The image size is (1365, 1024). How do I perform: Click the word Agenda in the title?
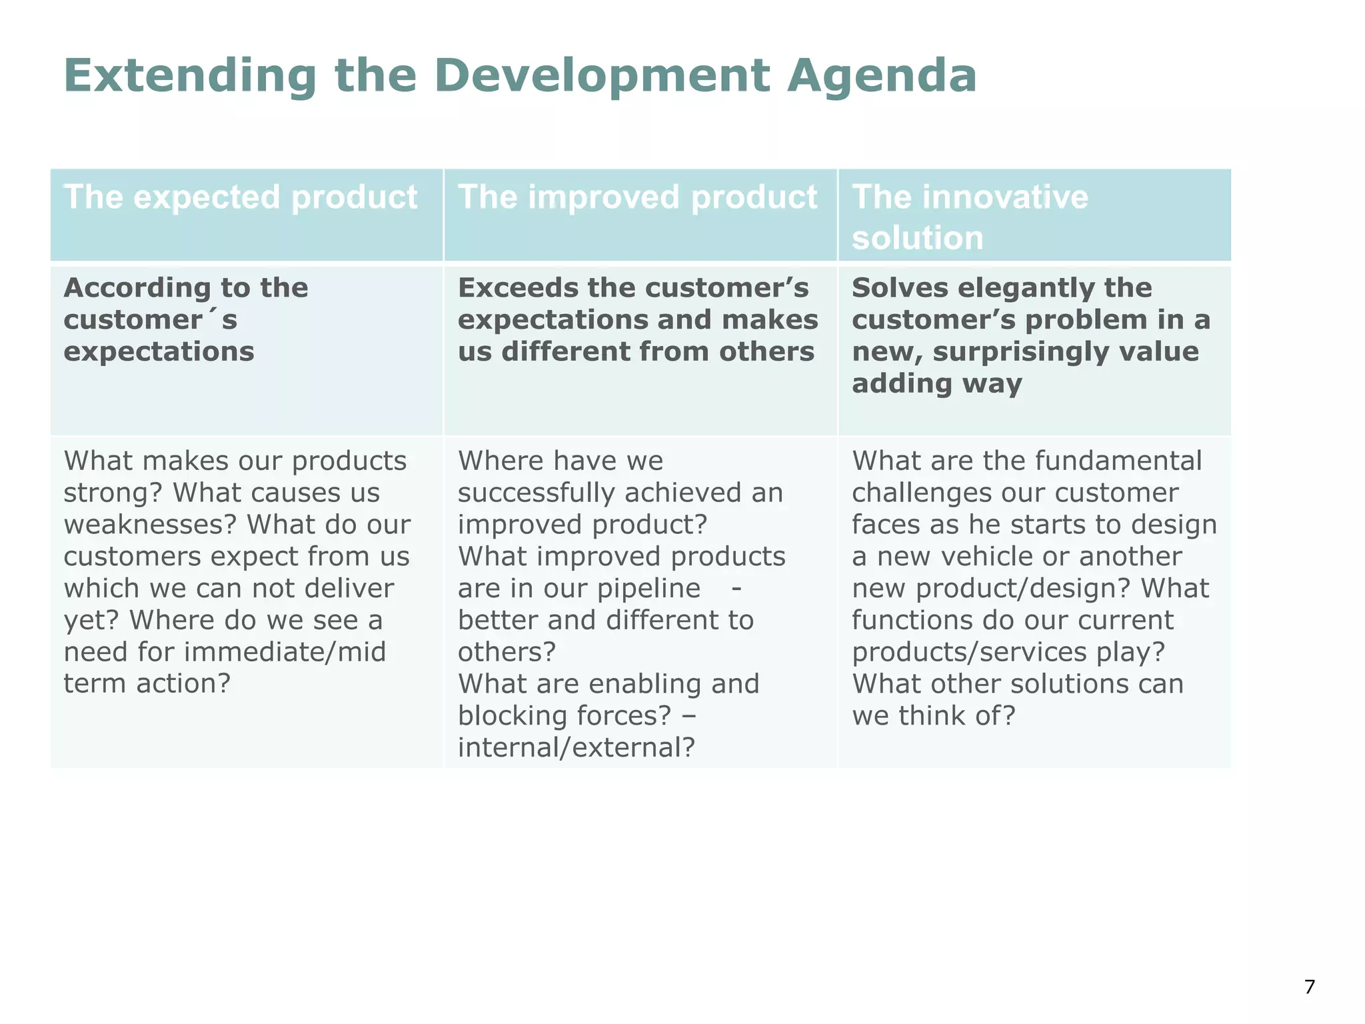pos(881,76)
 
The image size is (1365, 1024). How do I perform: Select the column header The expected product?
pos(240,197)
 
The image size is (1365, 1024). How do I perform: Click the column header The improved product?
pos(637,197)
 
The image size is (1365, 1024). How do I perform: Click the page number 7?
pos(1310,987)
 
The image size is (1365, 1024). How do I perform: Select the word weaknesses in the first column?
pos(151,525)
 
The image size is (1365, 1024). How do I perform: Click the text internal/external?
pos(577,748)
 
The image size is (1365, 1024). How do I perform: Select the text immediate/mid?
pos(285,652)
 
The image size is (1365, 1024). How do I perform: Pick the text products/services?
pos(969,652)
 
